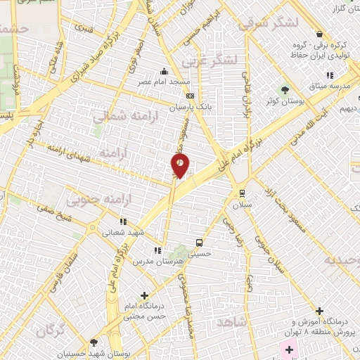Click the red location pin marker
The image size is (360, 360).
[180, 165]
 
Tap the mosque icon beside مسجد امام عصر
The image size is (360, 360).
[164, 71]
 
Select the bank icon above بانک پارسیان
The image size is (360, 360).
[189, 96]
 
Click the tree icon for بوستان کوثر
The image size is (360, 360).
[285, 90]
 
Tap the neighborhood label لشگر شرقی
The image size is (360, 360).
[268, 23]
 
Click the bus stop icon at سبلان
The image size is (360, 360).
[242, 193]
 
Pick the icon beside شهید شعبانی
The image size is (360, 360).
[123, 221]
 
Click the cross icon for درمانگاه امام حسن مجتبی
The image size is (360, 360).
[145, 295]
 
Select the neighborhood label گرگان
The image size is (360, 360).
[51, 330]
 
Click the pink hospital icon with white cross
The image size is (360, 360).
[288, 349]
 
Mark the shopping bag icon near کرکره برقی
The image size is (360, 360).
[320, 34]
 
